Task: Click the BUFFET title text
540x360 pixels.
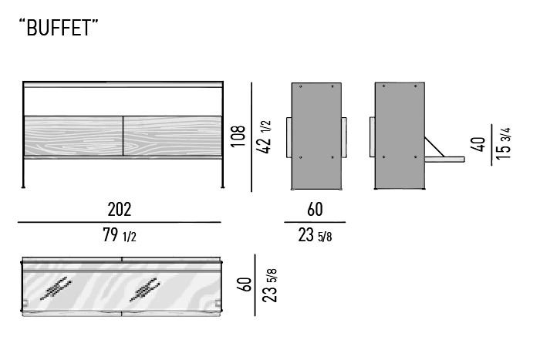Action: [59, 28]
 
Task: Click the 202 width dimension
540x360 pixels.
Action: [120, 209]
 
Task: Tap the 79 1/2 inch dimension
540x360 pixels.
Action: [120, 235]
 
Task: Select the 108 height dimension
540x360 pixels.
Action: [238, 136]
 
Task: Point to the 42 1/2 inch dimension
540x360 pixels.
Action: [264, 136]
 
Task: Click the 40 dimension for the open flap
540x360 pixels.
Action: [478, 144]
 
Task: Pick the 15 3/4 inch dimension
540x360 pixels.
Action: [504, 143]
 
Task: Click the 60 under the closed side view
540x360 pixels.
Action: [315, 209]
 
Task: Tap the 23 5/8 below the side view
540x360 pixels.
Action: [315, 235]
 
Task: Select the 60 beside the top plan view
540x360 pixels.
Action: [245, 284]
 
